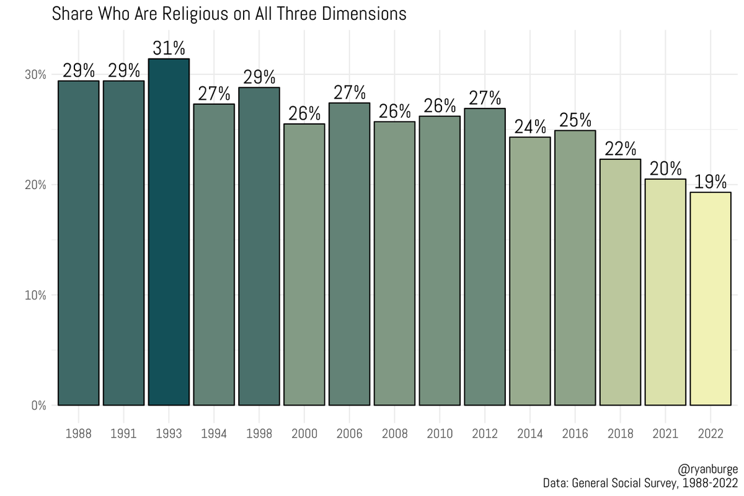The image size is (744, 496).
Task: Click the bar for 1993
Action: (169, 232)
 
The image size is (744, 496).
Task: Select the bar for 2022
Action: (711, 299)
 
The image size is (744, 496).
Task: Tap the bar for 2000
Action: (304, 265)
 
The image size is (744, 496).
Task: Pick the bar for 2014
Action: (530, 271)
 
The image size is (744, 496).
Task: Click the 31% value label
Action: (169, 48)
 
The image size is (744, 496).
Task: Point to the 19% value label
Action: (711, 182)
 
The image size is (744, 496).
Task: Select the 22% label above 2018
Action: (620, 149)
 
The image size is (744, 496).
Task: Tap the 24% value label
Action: (530, 126)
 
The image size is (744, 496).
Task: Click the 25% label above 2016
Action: (575, 120)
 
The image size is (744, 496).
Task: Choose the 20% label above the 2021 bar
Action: (665, 169)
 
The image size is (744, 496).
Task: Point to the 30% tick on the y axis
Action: (35, 74)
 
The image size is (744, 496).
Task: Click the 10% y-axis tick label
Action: (35, 295)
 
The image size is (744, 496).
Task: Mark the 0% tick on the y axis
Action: (38, 405)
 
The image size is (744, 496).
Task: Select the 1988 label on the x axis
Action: (79, 432)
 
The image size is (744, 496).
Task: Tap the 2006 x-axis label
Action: (350, 432)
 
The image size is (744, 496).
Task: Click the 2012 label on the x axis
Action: (485, 432)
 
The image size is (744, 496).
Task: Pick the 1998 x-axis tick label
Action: (259, 432)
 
